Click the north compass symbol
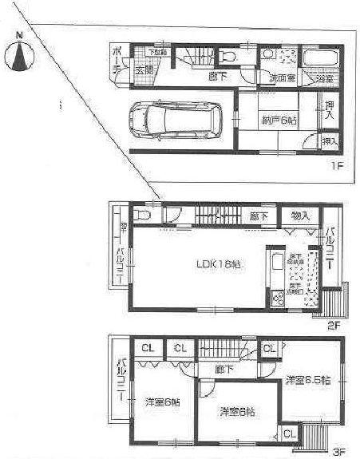[22, 56]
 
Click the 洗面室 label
[282, 78]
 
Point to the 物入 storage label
[300, 216]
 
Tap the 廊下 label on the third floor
[224, 370]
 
